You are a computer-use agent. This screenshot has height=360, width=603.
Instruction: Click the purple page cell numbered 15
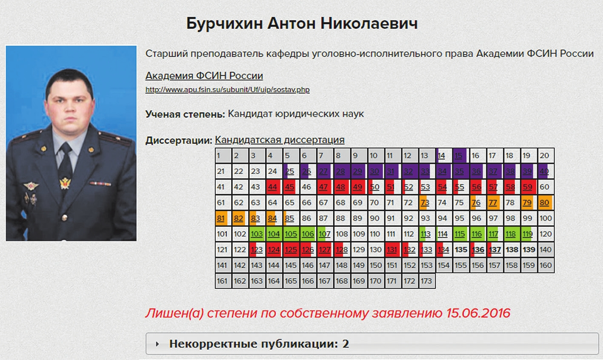pos(460,155)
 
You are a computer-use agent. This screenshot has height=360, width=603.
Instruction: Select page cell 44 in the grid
pos(274,187)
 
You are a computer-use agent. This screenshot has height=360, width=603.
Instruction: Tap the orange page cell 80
pos(546,203)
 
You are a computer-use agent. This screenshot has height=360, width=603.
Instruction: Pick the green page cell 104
pos(274,234)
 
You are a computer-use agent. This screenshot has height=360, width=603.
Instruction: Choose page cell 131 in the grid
pos(393,250)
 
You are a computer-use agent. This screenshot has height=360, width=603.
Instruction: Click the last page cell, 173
pos(427,281)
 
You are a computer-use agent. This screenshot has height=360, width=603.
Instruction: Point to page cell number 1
pos(223,155)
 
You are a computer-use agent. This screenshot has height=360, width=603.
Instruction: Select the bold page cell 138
pos(512,250)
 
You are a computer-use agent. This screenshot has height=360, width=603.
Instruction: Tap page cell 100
pos(546,218)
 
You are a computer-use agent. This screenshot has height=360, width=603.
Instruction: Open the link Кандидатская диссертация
pos(280,140)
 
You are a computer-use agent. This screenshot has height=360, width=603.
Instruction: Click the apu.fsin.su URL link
pos(228,90)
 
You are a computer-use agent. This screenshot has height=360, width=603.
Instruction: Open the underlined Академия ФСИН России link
pos(204,76)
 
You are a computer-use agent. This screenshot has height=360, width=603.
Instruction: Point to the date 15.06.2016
pos(478,313)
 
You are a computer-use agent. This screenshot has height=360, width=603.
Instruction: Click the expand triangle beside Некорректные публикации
pos(157,344)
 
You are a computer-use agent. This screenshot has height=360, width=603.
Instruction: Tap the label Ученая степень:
pos(185,114)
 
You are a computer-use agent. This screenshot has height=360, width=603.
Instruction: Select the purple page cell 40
pos(546,171)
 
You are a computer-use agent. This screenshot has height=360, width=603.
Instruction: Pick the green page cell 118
pos(512,234)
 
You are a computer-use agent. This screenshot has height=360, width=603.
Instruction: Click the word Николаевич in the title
pos(369,23)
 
